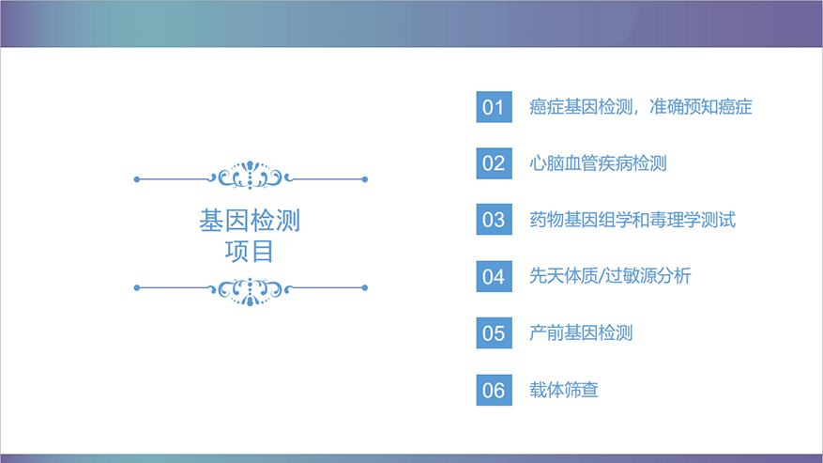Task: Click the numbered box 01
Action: point(494,107)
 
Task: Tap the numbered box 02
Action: point(494,163)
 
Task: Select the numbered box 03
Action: point(494,220)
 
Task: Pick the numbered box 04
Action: point(494,276)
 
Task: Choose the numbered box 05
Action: point(494,332)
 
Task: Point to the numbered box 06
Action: point(494,389)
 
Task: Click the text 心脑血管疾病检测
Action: point(598,163)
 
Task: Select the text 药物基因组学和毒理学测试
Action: point(632,220)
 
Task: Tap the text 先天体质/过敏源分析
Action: point(610,276)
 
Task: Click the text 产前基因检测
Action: point(581,332)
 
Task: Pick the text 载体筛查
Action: point(564,389)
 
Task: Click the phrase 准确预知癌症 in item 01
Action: point(701,107)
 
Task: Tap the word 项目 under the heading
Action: point(250,252)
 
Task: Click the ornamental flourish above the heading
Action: point(250,177)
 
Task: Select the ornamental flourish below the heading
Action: point(250,289)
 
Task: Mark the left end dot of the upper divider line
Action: point(137,179)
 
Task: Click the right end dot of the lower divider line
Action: point(365,287)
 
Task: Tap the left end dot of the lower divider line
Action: point(137,287)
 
